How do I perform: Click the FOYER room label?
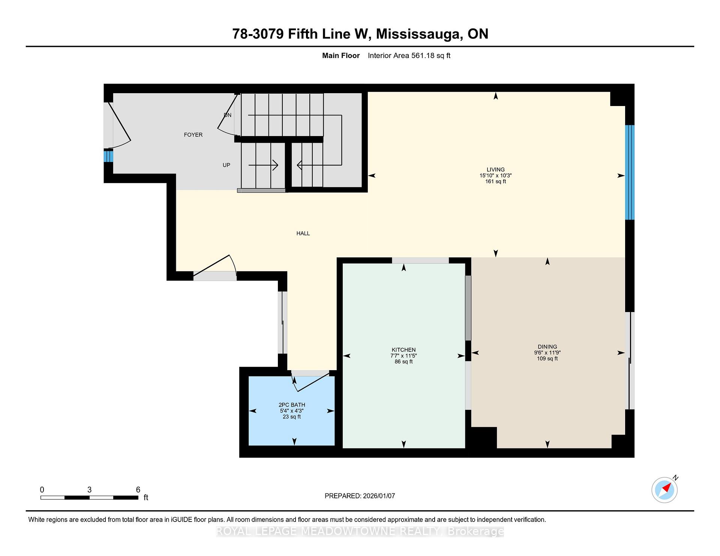[x=193, y=135]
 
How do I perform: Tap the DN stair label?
[x=228, y=115]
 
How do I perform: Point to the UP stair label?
[x=226, y=165]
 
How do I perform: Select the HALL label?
[x=303, y=233]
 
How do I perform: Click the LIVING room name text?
[x=495, y=170]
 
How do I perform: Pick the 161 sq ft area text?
[x=495, y=182]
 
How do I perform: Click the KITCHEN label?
[x=403, y=350]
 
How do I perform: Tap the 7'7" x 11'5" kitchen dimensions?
[x=403, y=356]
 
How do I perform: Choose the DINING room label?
[x=547, y=347]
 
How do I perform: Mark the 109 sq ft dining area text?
[x=547, y=359]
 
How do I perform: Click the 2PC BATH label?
[x=292, y=405]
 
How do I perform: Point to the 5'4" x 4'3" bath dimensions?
[x=292, y=411]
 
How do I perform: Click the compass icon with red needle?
[x=664, y=490]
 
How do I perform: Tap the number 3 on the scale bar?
[x=89, y=490]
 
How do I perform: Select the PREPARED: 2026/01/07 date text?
[x=360, y=496]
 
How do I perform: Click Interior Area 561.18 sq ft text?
[x=409, y=56]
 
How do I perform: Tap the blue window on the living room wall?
[x=630, y=172]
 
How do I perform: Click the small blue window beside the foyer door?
[x=108, y=156]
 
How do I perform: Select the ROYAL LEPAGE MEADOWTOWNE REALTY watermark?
[x=360, y=531]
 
